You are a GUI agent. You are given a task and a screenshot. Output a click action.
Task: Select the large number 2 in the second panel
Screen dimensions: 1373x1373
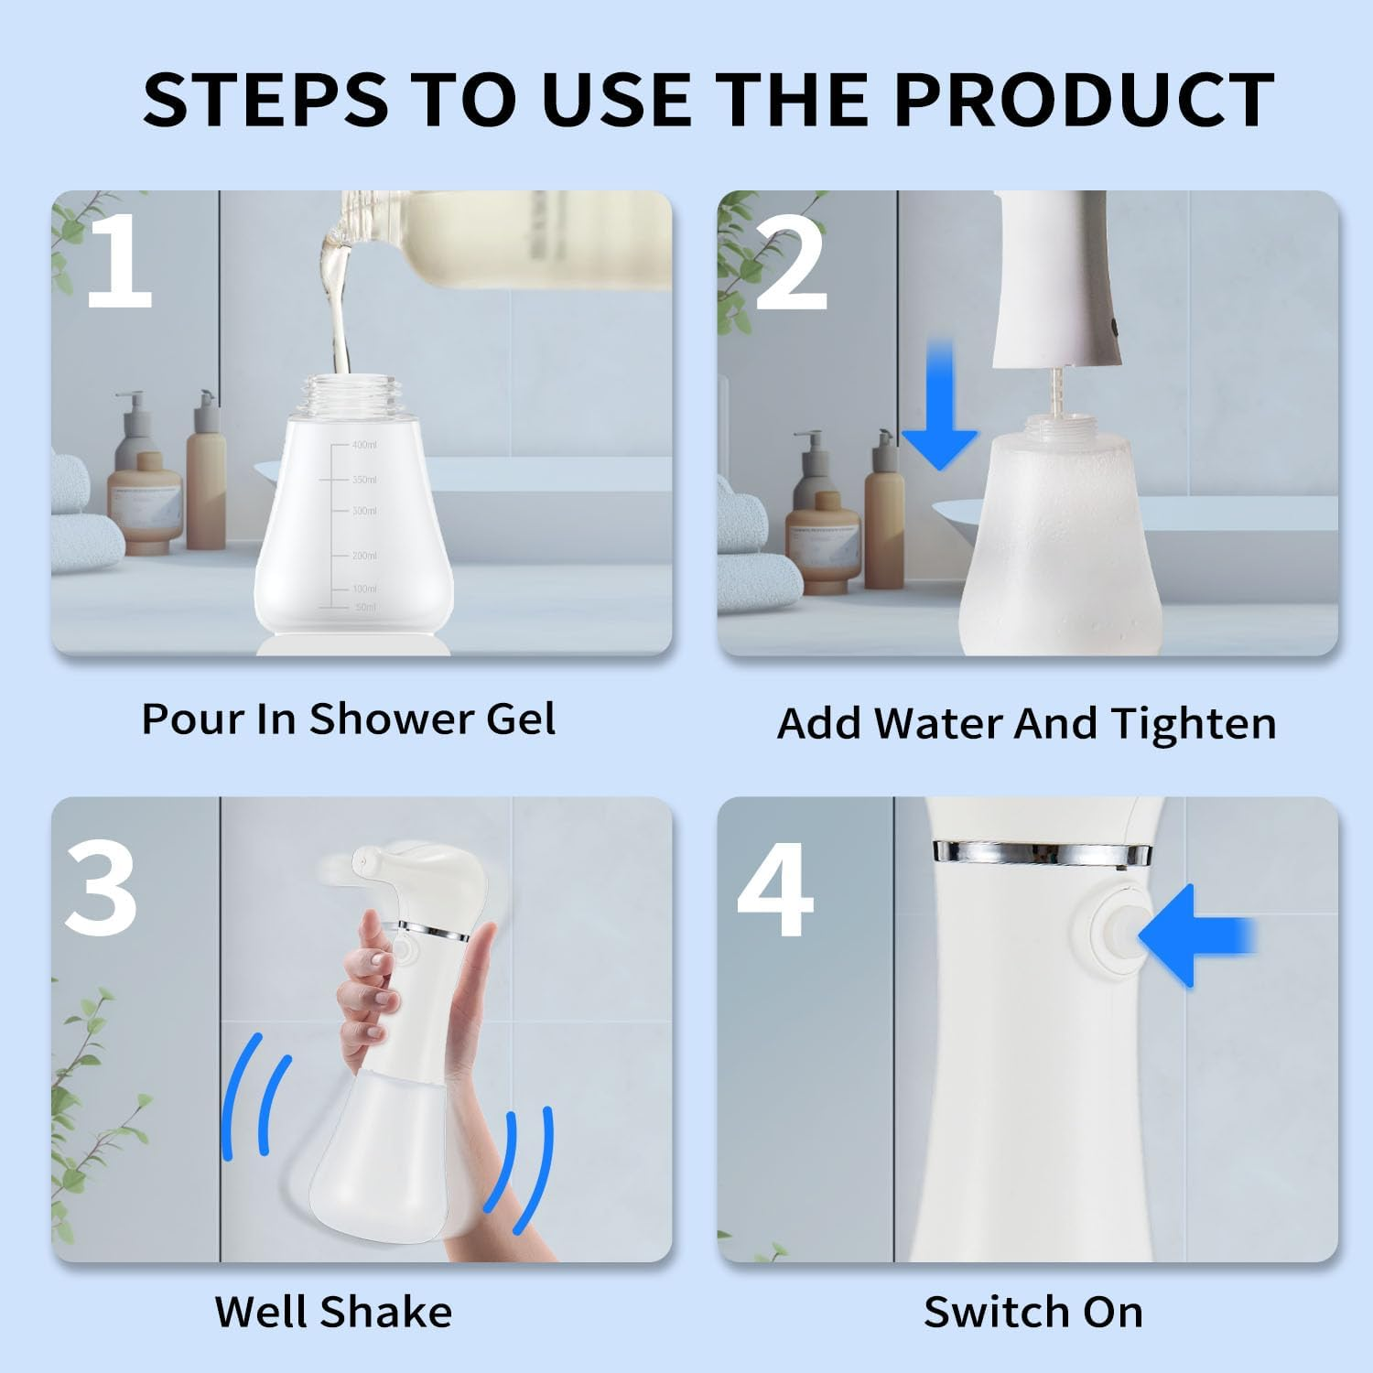(x=792, y=265)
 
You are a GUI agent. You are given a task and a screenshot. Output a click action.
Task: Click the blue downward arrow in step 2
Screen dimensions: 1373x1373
(x=940, y=407)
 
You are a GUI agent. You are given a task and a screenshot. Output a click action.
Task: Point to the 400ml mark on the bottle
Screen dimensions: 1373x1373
(x=363, y=445)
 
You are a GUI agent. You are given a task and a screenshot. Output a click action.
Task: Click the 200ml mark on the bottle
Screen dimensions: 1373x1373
(x=363, y=556)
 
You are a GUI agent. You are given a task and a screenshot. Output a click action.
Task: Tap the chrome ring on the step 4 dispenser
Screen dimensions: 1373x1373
(x=1042, y=854)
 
